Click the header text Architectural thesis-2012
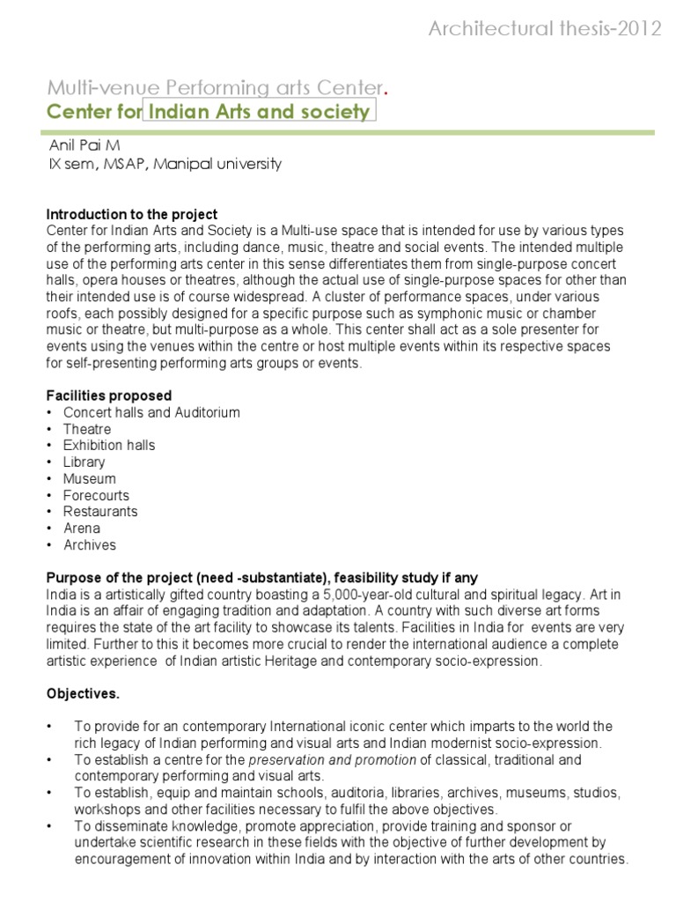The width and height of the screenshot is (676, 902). (x=545, y=30)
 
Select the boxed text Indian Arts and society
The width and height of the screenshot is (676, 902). (x=258, y=112)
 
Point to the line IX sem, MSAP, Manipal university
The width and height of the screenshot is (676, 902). (x=165, y=165)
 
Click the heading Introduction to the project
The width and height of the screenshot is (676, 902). (x=131, y=215)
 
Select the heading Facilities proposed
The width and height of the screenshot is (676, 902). (x=108, y=396)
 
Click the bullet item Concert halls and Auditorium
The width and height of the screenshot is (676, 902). (x=151, y=412)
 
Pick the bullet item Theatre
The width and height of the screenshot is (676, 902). (x=87, y=429)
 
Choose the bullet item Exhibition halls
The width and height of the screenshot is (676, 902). (x=108, y=445)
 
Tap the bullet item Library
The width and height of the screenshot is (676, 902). (x=84, y=462)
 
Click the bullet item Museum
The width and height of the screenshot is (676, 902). (x=89, y=478)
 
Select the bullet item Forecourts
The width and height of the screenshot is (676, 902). (x=95, y=495)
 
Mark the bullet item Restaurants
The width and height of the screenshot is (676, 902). (x=99, y=511)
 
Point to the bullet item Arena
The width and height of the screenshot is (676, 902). (x=81, y=529)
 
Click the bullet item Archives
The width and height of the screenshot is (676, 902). (x=89, y=544)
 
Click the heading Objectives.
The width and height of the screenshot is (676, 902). (x=82, y=694)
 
